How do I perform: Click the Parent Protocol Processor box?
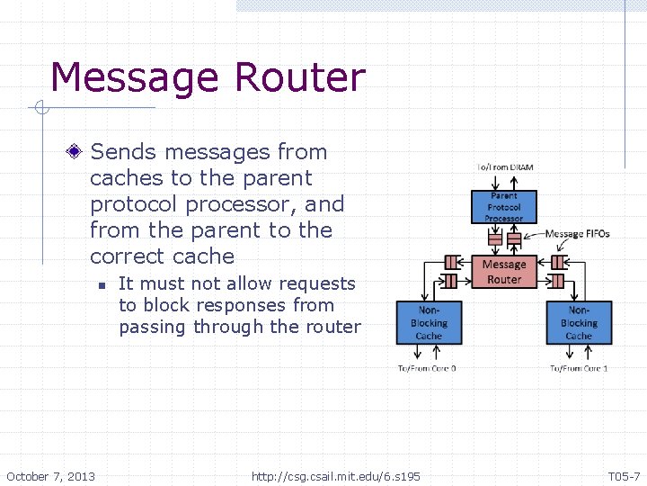pyautogui.click(x=503, y=206)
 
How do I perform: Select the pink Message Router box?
pyautogui.click(x=503, y=272)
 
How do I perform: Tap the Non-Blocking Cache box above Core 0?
pyautogui.click(x=429, y=322)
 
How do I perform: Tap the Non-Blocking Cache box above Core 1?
pyautogui.click(x=579, y=322)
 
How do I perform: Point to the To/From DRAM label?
pyautogui.click(x=504, y=168)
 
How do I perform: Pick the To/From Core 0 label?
pyautogui.click(x=428, y=368)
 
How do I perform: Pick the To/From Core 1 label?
pyautogui.click(x=580, y=368)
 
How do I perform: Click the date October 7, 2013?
pyautogui.click(x=51, y=475)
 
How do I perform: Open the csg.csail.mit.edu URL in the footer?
pyautogui.click(x=336, y=475)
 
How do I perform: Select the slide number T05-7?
pyautogui.click(x=624, y=475)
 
